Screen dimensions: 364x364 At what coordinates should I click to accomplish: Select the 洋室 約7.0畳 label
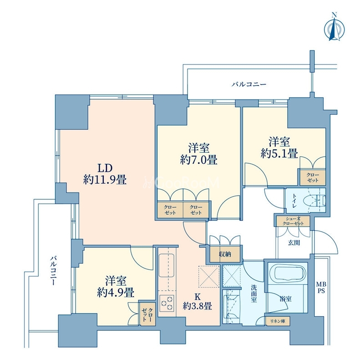(x=199, y=154)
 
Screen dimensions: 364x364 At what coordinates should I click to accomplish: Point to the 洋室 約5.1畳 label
(x=279, y=147)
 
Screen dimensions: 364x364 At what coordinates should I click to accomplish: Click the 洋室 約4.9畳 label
(x=116, y=287)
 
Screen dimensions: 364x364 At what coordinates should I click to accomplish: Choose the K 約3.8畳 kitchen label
(x=197, y=301)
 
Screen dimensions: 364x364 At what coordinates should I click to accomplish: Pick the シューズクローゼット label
(x=293, y=221)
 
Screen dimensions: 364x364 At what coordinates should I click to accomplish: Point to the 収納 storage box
(x=225, y=254)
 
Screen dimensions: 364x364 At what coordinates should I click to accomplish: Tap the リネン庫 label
(x=278, y=321)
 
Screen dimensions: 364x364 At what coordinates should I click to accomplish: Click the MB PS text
(x=321, y=287)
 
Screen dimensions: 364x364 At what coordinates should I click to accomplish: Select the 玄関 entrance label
(x=294, y=243)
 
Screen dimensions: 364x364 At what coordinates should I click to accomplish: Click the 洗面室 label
(x=253, y=293)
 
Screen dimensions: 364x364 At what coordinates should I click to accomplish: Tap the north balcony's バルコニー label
(x=249, y=84)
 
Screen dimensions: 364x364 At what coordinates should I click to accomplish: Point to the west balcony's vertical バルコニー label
(x=53, y=270)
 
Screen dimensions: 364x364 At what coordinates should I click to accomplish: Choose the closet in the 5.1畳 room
(x=313, y=178)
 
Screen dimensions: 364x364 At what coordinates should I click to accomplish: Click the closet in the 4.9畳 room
(x=147, y=314)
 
